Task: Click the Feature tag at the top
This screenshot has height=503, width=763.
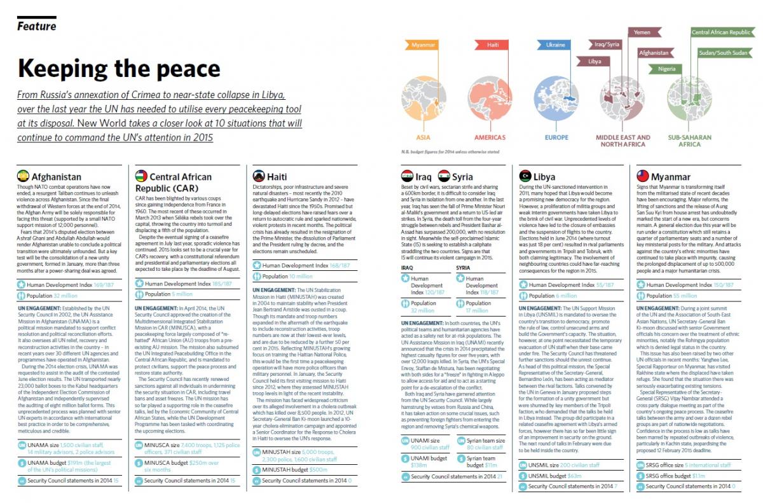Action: click(x=36, y=26)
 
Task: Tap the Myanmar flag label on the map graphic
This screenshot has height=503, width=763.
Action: click(x=423, y=45)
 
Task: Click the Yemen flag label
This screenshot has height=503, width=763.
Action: click(x=642, y=32)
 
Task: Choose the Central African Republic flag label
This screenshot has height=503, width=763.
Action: click(x=720, y=32)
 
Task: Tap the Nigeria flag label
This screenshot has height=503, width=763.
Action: click(x=666, y=69)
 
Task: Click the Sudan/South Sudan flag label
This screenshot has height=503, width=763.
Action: click(x=723, y=53)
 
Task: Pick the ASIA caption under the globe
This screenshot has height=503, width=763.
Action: click(x=423, y=137)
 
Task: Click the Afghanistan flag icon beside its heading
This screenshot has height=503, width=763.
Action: click(x=23, y=176)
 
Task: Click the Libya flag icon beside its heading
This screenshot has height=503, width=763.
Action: click(x=525, y=176)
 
